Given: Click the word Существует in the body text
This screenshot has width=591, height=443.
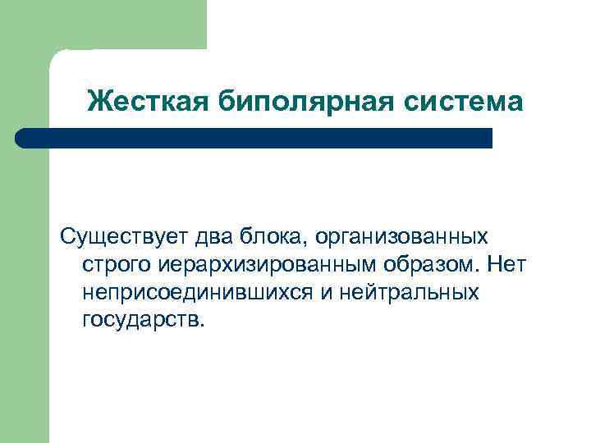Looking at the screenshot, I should click(x=123, y=237).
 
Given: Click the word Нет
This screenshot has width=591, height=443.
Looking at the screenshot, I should click(x=507, y=264).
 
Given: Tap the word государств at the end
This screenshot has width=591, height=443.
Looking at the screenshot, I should click(x=140, y=319).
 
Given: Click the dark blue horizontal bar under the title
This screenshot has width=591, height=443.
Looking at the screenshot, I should click(x=263, y=138).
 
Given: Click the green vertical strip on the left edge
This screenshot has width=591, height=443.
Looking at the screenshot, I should click(x=24, y=287).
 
